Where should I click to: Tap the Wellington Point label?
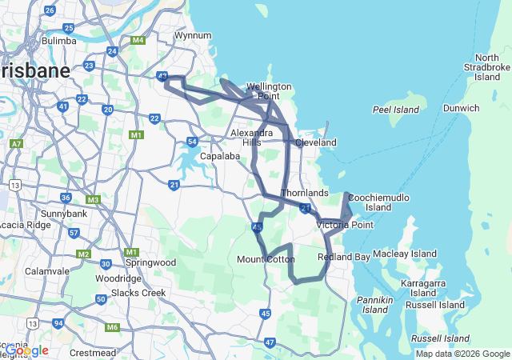click(x=269, y=91)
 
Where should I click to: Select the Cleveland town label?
click(x=315, y=142)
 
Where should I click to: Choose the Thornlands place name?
click(x=305, y=193)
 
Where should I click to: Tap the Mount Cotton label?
click(x=266, y=259)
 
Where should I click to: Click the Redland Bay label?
click(x=344, y=257)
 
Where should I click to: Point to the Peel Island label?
click(x=396, y=109)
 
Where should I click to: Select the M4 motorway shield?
click(x=138, y=40)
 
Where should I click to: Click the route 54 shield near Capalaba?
click(x=192, y=142)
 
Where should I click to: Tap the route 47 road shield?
click(x=270, y=342)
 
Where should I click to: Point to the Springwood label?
click(x=152, y=262)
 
